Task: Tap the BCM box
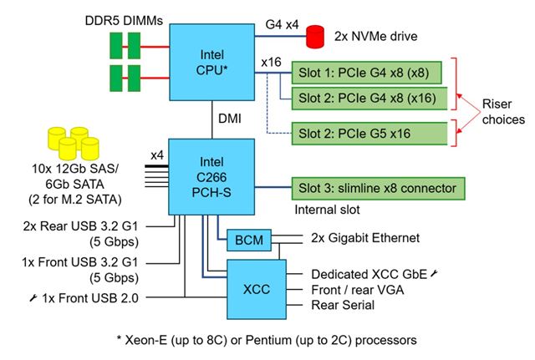pos(245,240)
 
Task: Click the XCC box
pos(254,287)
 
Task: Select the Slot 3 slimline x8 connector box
pos(377,186)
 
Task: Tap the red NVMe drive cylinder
pos(315,37)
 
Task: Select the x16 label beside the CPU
pos(271,63)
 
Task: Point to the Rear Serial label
pos(343,305)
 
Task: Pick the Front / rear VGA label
pos(354,289)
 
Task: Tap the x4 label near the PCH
pos(156,155)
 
